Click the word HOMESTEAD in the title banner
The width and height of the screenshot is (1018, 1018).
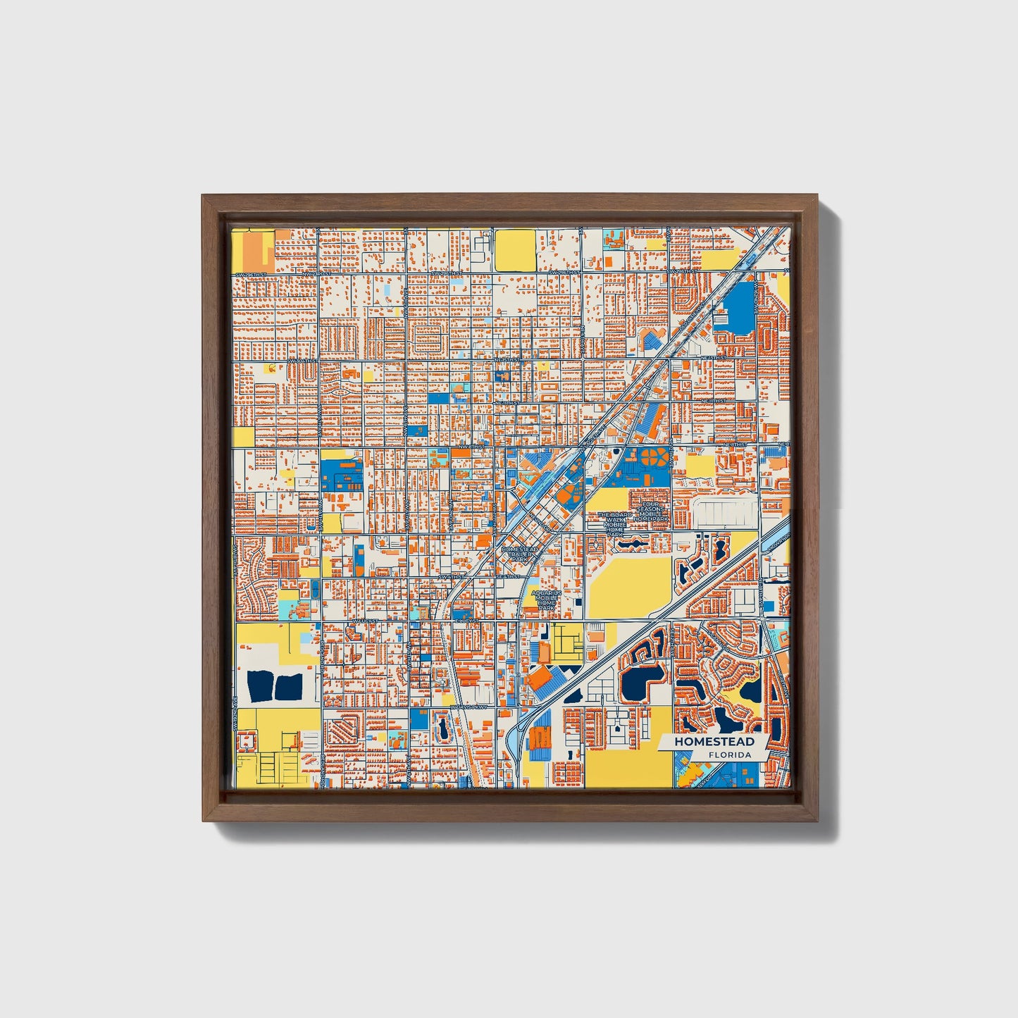pyautogui.click(x=714, y=742)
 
